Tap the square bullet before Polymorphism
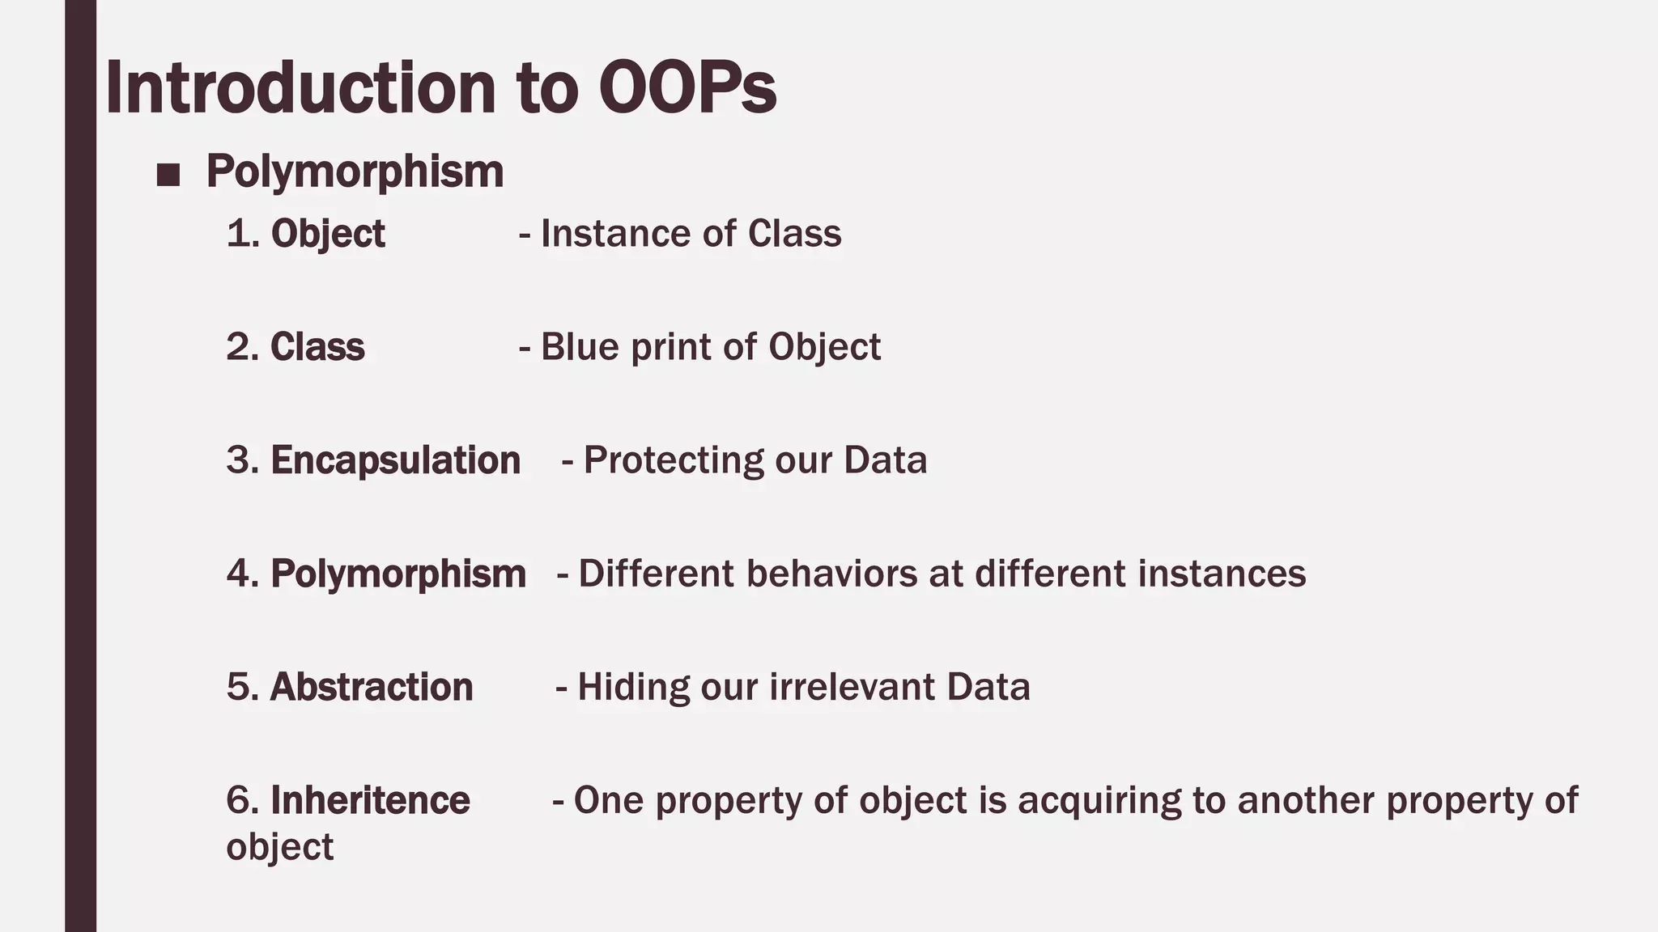coord(168,175)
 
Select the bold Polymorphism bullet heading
coord(355,172)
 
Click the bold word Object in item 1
coord(328,234)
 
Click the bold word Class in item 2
coord(317,347)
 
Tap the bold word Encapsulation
coord(395,460)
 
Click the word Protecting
coord(673,460)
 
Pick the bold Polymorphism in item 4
coord(397,574)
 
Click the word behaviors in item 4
coord(831,574)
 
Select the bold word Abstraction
coord(371,687)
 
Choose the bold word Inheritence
coord(370,800)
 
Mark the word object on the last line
coord(279,847)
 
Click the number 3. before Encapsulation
coord(242,460)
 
